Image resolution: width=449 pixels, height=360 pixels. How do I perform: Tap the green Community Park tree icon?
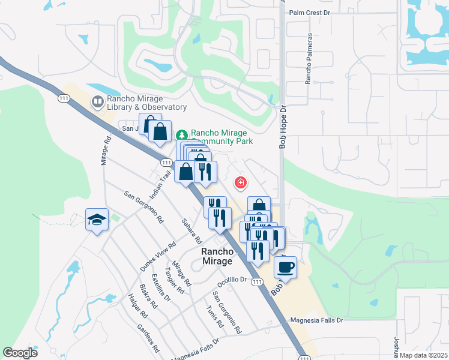183,133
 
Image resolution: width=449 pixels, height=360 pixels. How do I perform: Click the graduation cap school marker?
96,220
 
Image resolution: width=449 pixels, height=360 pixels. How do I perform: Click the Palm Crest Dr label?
310,12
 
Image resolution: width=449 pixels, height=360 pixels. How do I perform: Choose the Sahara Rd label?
191,230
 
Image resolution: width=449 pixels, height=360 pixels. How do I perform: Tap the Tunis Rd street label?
214,316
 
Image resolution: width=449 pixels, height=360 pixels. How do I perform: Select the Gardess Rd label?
148,338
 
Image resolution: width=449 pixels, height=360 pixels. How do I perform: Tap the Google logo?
20,353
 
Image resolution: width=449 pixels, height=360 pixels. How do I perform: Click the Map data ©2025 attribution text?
424,355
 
